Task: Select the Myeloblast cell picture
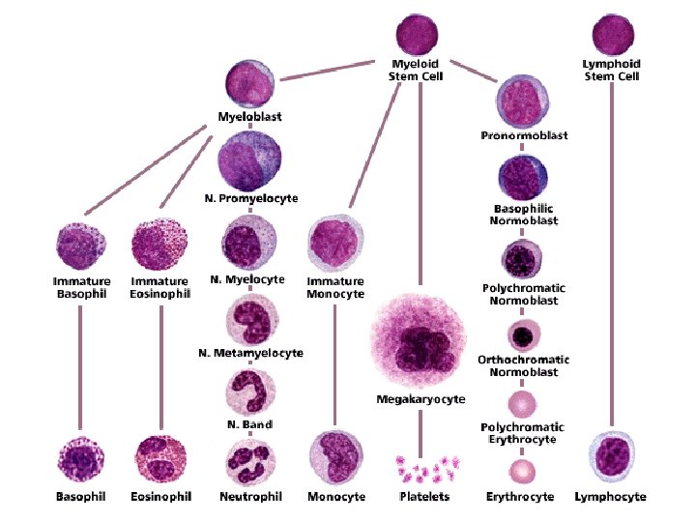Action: pyautogui.click(x=249, y=85)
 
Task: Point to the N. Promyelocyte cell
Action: pyautogui.click(x=249, y=159)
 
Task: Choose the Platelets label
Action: pyautogui.click(x=423, y=497)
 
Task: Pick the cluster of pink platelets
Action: pyautogui.click(x=423, y=469)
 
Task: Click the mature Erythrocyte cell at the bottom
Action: pyautogui.click(x=523, y=471)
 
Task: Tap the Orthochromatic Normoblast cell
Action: pyautogui.click(x=523, y=336)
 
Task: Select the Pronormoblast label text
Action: pyautogui.click(x=523, y=136)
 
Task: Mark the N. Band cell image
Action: pyautogui.click(x=249, y=391)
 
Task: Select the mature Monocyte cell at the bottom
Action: pyautogui.click(x=335, y=457)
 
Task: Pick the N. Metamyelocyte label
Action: pyautogui.click(x=249, y=354)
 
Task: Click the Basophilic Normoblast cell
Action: pyautogui.click(x=523, y=181)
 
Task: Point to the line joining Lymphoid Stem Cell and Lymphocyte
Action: pyautogui.click(x=611, y=251)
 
